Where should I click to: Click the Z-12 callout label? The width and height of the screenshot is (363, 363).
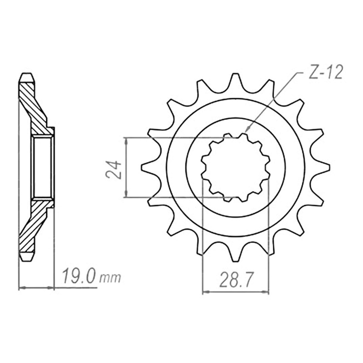(325, 72)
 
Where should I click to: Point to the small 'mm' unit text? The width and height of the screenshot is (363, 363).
(110, 278)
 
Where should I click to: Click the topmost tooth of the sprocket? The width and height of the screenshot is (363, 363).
(235, 80)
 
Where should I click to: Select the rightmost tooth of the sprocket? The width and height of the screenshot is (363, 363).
(323, 167)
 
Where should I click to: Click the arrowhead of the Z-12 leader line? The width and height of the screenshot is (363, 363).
(247, 129)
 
